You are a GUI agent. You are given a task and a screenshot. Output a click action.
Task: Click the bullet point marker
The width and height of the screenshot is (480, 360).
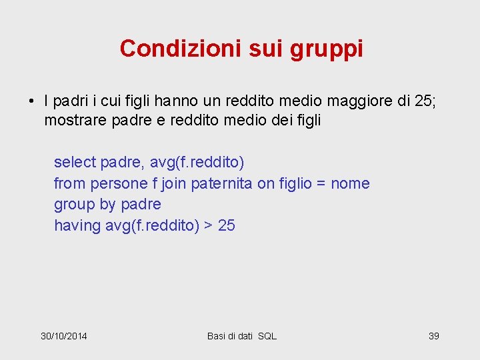pos(31,102)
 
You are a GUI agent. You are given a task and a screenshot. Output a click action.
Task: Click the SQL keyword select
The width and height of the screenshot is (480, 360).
pos(75,162)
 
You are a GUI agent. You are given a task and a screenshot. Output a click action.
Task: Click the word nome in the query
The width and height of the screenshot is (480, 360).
pos(350,183)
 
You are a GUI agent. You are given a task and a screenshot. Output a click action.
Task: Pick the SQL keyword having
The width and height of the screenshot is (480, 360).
pos(77,226)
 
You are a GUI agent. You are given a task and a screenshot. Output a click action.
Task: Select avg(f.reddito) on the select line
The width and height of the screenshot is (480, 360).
pos(197,162)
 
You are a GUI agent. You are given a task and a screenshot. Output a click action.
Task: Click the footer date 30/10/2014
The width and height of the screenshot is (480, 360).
pos(64,336)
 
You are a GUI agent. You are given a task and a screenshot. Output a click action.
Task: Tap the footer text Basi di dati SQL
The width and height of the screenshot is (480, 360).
pos(241,336)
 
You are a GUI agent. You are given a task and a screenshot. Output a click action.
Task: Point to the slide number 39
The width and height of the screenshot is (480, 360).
pos(433,336)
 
